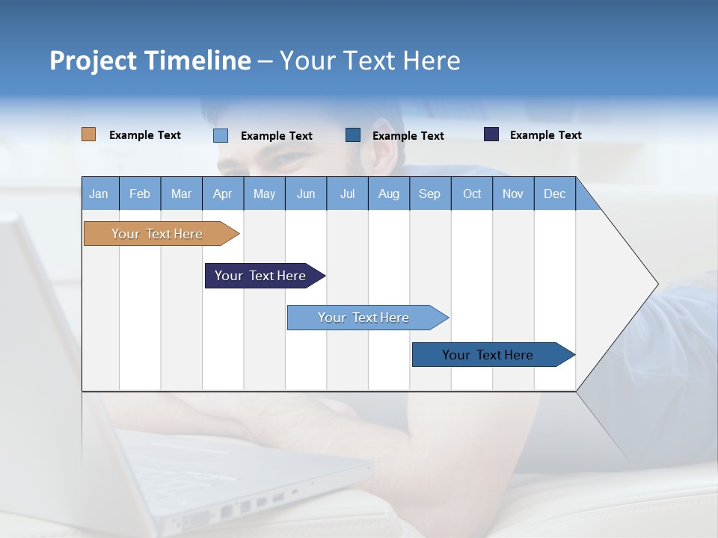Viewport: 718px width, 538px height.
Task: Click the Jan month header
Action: (x=99, y=194)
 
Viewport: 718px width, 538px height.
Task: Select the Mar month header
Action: (x=181, y=194)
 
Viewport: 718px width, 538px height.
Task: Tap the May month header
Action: (x=264, y=194)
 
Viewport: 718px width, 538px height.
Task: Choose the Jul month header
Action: (x=347, y=194)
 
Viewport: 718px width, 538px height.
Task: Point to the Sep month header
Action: (x=429, y=194)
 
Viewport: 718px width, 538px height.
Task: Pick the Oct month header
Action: (x=472, y=194)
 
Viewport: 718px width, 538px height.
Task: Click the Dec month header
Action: (x=554, y=194)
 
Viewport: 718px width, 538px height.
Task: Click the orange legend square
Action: (x=88, y=134)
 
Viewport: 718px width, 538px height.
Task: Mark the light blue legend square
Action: (x=220, y=135)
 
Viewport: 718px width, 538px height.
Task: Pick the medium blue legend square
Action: (x=353, y=134)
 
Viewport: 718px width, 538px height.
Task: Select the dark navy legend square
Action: (x=491, y=134)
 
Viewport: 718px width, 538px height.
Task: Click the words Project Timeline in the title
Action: (x=150, y=61)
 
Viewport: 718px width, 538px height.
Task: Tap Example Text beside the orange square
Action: (x=145, y=135)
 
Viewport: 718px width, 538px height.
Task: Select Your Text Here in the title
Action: (x=369, y=61)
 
